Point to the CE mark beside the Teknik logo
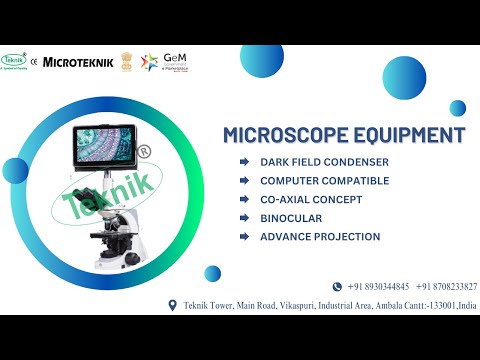tap(34, 61)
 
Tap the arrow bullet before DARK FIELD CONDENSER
tap(245, 162)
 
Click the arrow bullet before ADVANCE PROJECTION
tap(245, 237)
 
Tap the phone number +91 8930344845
tap(373, 286)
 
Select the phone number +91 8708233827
tap(447, 286)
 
